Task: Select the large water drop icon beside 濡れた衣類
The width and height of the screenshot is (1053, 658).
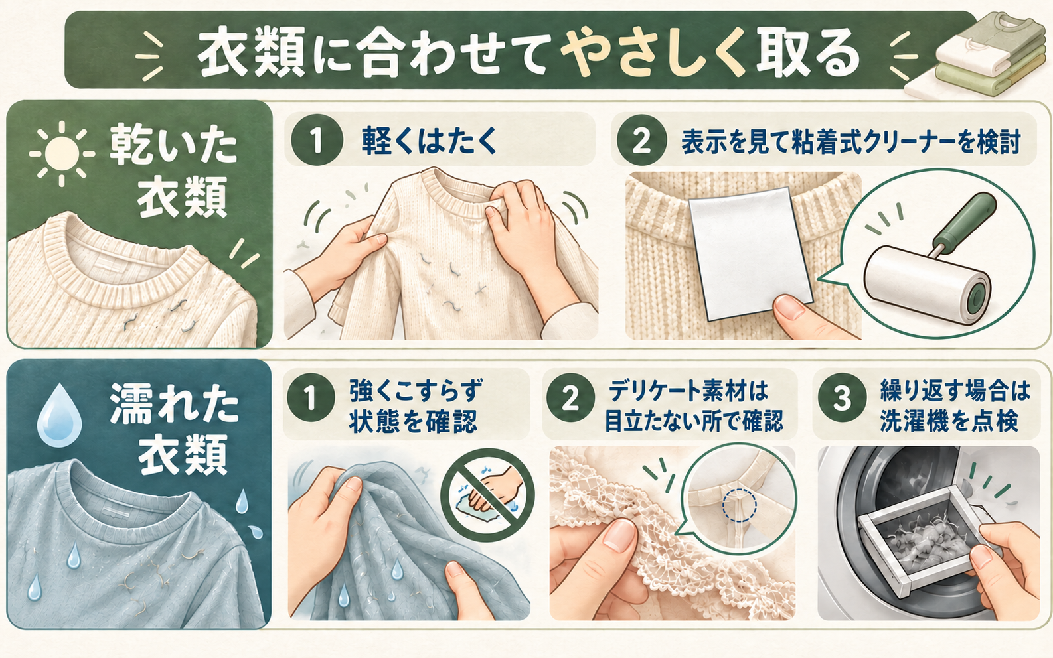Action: (59, 415)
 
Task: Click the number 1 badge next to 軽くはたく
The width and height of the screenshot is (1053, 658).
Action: (317, 141)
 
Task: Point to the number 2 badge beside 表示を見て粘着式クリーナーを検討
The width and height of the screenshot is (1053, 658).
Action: (642, 141)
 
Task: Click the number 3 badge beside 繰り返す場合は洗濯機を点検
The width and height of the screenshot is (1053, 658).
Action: (842, 398)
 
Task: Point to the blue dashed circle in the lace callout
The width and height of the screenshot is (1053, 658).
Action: (740, 505)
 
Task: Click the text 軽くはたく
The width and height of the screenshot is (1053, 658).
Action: (429, 141)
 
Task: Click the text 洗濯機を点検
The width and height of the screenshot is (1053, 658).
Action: (949, 421)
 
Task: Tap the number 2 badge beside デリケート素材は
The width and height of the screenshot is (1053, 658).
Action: (570, 398)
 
